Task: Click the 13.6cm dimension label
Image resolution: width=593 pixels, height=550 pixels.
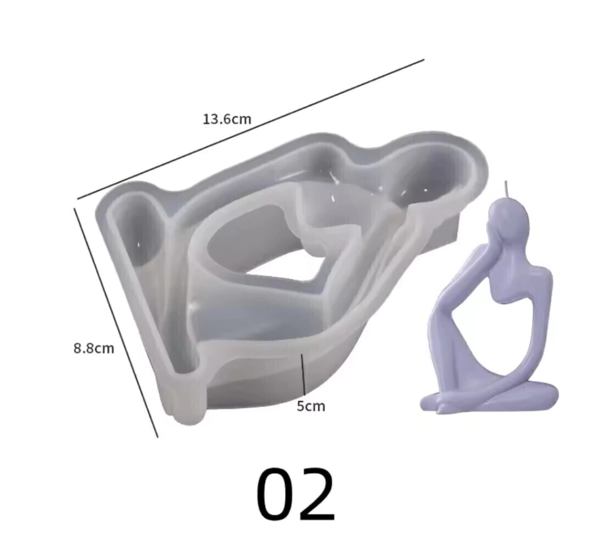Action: [227, 119]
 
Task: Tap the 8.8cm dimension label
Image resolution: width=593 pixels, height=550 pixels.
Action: [94, 348]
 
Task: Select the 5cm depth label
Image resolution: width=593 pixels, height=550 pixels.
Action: [311, 406]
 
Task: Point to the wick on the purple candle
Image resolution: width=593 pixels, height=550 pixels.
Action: [506, 190]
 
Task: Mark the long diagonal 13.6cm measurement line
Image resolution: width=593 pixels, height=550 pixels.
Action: [250, 129]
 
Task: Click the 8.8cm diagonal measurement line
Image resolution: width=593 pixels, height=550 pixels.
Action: [116, 322]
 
